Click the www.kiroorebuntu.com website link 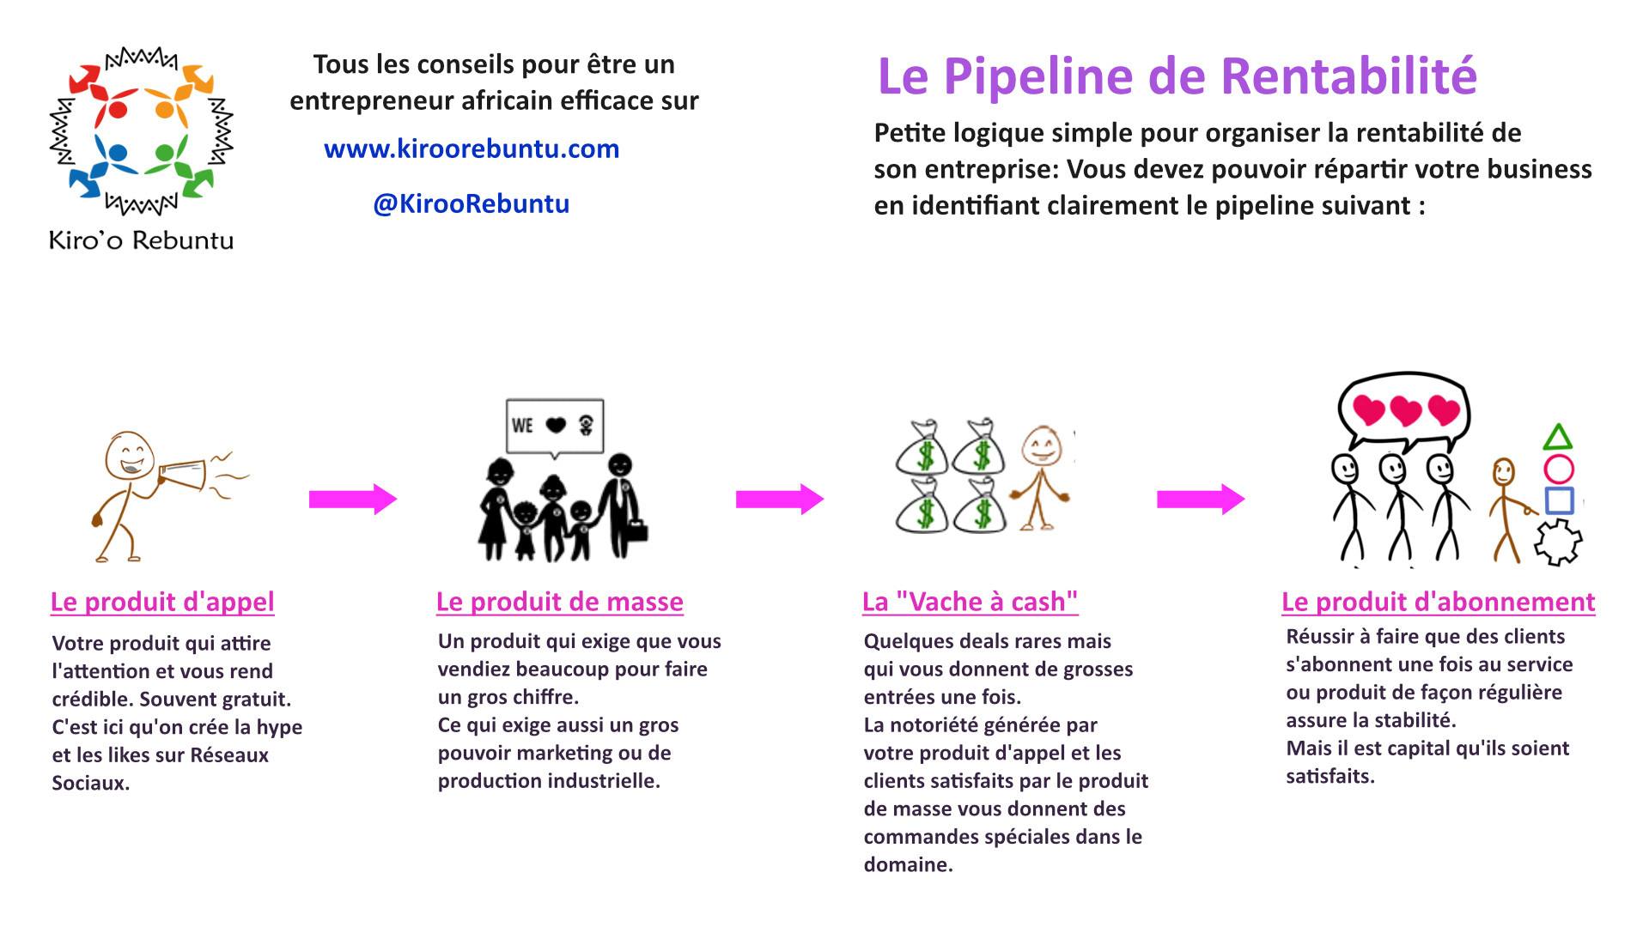[472, 149]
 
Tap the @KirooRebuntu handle [472, 204]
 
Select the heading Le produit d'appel [162, 602]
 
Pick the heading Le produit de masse [559, 602]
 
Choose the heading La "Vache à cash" [970, 602]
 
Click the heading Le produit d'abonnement [1438, 602]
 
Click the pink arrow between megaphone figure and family [352, 499]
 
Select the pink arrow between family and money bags [779, 499]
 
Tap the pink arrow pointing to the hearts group [1200, 499]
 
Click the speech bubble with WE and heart [555, 425]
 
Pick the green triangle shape [1557, 438]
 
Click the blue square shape [1558, 500]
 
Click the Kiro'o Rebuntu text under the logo [142, 240]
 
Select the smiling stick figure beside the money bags [1041, 476]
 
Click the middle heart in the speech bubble [1406, 411]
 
